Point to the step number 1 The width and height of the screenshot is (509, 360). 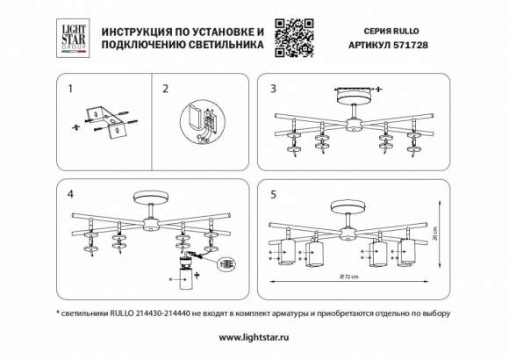click(x=71, y=89)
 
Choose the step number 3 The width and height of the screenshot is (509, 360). click(x=273, y=89)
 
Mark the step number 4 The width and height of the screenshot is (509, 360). click(x=71, y=193)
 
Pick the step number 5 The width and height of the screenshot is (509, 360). click(x=273, y=193)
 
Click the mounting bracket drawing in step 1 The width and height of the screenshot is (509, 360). click(x=106, y=120)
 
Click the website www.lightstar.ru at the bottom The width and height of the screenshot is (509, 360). click(x=254, y=337)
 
